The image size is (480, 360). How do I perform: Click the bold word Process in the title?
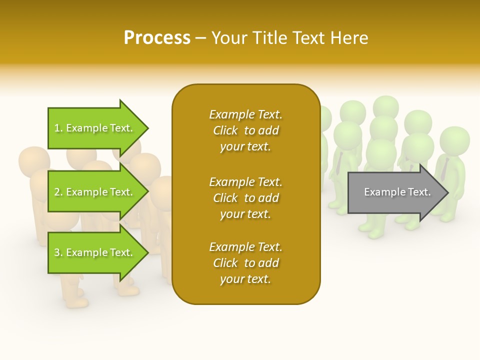[x=157, y=38]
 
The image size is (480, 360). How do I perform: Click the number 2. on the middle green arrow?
[x=58, y=192]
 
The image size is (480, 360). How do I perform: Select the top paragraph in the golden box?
[x=245, y=130]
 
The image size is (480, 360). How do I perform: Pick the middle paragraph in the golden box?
[x=245, y=198]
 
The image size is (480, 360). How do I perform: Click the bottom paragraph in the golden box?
[x=245, y=263]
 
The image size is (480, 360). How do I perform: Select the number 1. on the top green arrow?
[x=58, y=128]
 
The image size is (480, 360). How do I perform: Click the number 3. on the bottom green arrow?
[x=58, y=252]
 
